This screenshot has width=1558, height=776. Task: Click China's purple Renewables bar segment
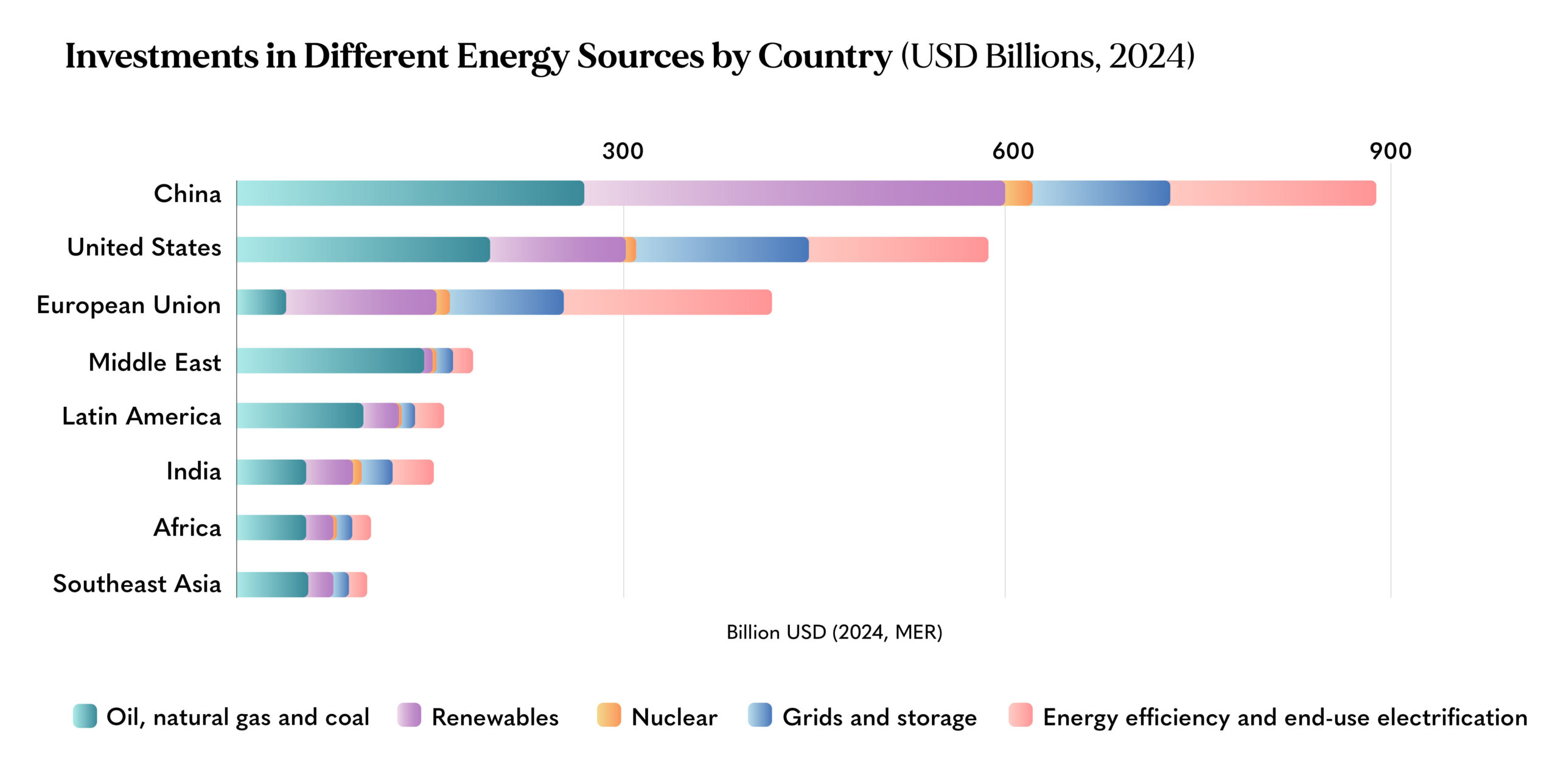tap(794, 193)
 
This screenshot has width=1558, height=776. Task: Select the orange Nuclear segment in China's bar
tap(1018, 193)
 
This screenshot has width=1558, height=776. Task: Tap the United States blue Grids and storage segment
tap(722, 249)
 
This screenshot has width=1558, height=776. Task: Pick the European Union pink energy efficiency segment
tap(668, 302)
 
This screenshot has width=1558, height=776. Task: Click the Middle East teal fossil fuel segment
tap(330, 361)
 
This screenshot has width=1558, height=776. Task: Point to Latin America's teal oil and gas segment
tap(300, 415)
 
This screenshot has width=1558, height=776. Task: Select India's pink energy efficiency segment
tap(413, 472)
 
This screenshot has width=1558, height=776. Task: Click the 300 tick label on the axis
tap(623, 151)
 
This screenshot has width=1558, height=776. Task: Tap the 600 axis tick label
tap(1013, 151)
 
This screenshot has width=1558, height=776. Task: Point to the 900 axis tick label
tap(1391, 151)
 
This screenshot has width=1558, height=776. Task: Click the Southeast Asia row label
tap(137, 584)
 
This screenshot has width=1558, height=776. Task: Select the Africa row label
tap(187, 527)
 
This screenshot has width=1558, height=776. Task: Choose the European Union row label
tap(128, 305)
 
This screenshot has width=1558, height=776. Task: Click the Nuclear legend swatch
tap(609, 715)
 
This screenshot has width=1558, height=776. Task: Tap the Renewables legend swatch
tap(409, 715)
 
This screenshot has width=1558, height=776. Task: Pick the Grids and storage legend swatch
tap(760, 715)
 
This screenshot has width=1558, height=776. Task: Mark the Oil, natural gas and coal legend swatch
tap(85, 716)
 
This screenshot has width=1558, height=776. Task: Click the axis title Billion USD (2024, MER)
tap(834, 632)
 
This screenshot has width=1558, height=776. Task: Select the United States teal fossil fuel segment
tap(363, 249)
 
